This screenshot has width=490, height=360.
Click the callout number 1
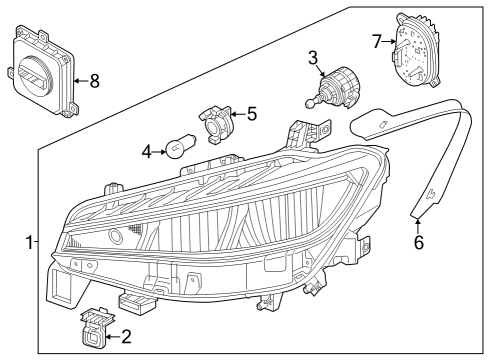point(30,242)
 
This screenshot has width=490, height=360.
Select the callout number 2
point(126,337)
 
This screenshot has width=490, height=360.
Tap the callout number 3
point(313,58)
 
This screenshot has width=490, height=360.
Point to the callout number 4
point(146,152)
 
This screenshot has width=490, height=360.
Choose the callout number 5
point(252,114)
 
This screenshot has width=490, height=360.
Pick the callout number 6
point(419,242)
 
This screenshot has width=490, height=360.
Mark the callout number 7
point(377,42)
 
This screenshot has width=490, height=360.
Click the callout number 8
point(95,81)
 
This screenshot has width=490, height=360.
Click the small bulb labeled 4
point(180,146)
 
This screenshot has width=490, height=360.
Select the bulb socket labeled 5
point(215,125)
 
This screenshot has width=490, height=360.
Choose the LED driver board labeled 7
point(416,50)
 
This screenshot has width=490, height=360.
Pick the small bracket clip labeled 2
point(95,329)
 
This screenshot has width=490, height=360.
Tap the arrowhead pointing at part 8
point(76,81)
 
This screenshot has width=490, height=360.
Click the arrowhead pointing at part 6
point(418,220)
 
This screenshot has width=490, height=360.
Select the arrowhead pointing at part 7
point(393,42)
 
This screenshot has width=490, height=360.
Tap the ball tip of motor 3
point(309,104)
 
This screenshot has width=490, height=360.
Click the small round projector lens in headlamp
point(116,235)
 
